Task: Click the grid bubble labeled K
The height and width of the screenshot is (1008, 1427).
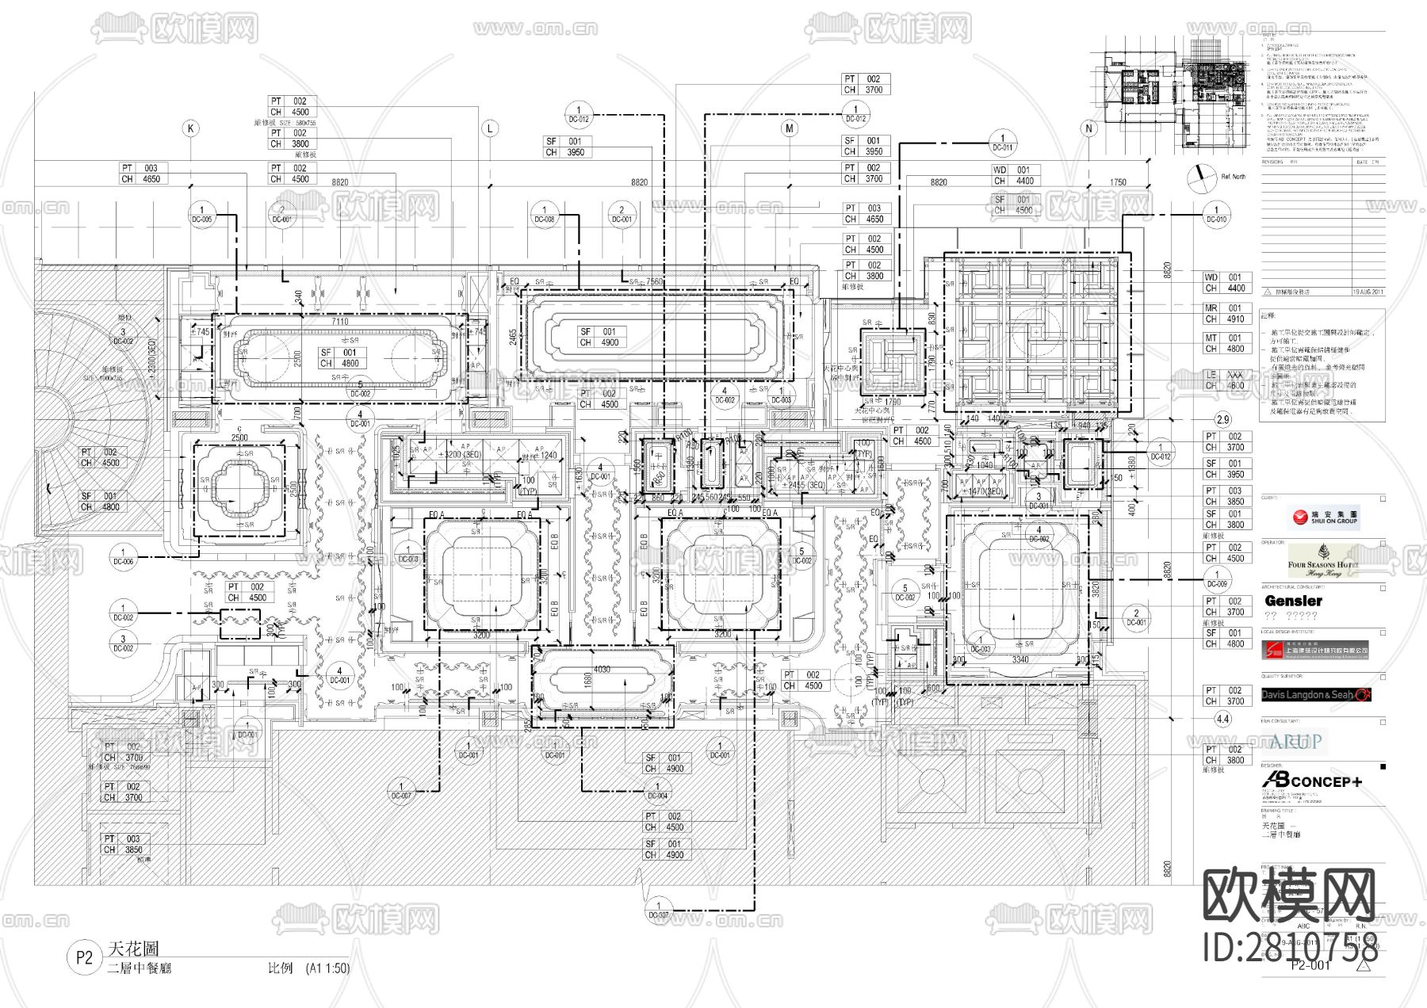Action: tap(189, 128)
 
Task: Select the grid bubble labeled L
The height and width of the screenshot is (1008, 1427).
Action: tap(490, 128)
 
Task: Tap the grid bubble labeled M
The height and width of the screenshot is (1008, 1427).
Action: tap(790, 128)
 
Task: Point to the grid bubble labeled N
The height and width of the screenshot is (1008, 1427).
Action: tap(1088, 128)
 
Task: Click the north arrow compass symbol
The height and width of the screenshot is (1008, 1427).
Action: tap(1202, 178)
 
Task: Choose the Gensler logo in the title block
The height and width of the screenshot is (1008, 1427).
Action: tap(1293, 601)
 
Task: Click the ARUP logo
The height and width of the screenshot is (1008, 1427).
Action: tap(1295, 742)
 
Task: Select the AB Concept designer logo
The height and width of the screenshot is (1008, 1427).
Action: tap(1312, 781)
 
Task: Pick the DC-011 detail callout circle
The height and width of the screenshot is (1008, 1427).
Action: tap(1002, 143)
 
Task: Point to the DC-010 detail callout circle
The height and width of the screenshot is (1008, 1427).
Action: tap(1216, 215)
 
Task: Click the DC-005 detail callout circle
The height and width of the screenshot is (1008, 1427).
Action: tap(201, 215)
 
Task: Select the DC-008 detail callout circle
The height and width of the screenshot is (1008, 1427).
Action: tap(544, 215)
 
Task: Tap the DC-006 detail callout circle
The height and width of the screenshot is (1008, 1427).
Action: tap(123, 556)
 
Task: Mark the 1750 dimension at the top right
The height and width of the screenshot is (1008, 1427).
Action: tap(1117, 182)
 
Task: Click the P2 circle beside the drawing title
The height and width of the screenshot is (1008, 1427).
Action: tap(85, 957)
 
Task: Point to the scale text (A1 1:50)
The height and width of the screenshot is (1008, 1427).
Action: tap(327, 968)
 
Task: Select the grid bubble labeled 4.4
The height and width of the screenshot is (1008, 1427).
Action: tap(1222, 720)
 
